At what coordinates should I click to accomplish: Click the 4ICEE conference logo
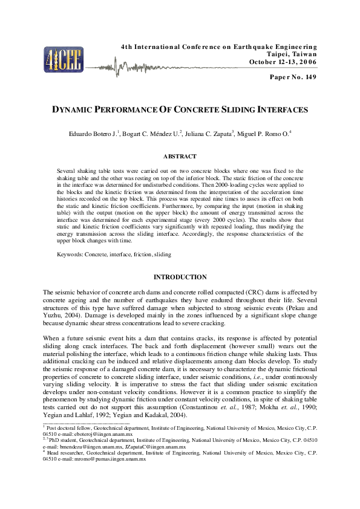point(59,58)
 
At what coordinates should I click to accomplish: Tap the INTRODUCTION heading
point(180,277)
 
